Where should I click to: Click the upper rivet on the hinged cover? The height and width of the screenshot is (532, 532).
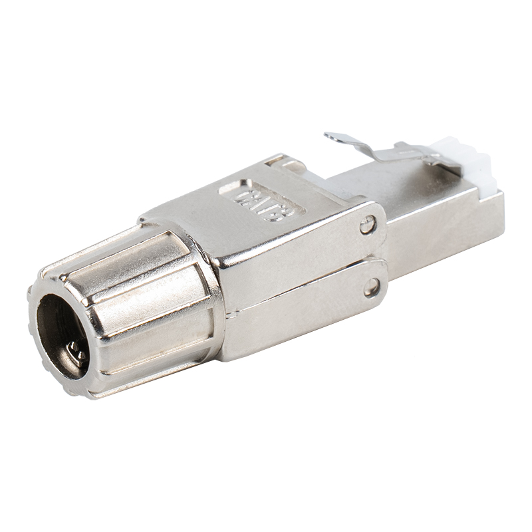[368, 226]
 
